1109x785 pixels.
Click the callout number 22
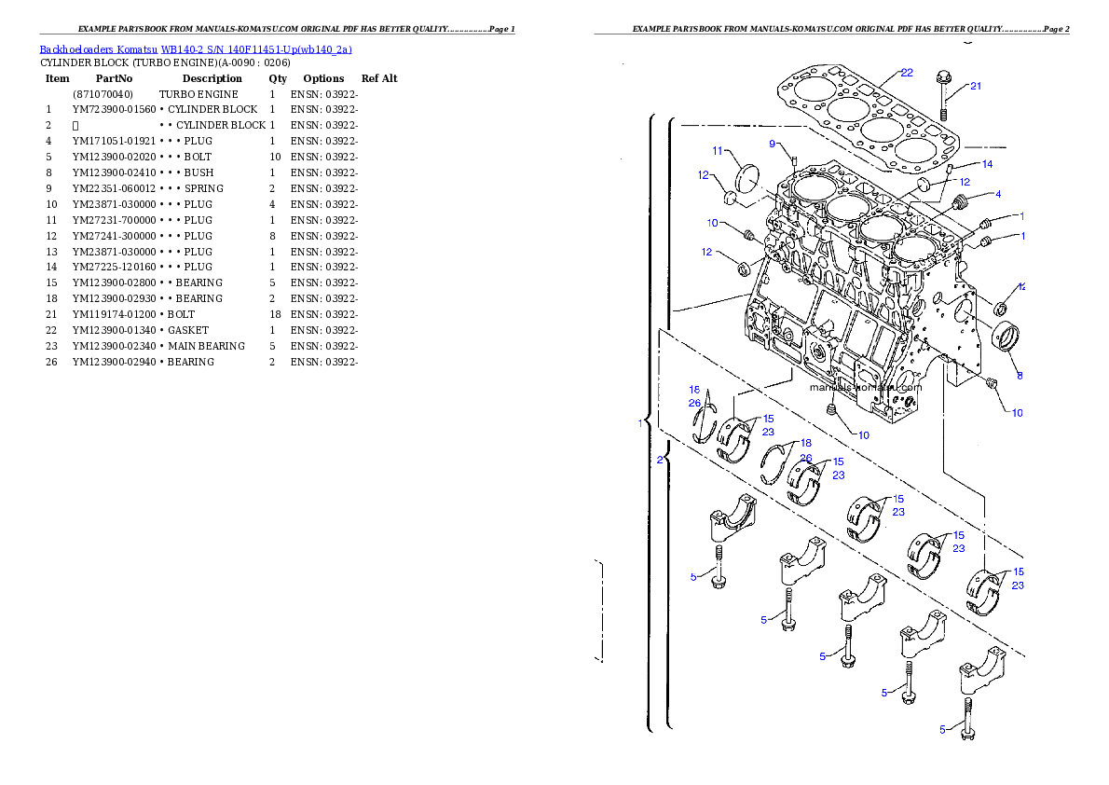click(x=907, y=73)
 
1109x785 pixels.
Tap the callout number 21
click(x=976, y=87)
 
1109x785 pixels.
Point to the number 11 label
click(x=718, y=151)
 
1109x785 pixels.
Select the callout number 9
click(x=773, y=144)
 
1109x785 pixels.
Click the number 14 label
click(x=987, y=164)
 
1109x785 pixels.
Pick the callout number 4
click(x=998, y=195)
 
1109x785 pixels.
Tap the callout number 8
click(x=1020, y=376)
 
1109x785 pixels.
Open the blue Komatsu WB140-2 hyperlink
click(x=196, y=49)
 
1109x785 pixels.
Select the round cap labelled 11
click(x=750, y=177)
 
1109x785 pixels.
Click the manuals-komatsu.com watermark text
click(x=865, y=387)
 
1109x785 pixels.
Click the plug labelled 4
click(x=963, y=201)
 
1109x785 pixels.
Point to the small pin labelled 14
click(x=951, y=171)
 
